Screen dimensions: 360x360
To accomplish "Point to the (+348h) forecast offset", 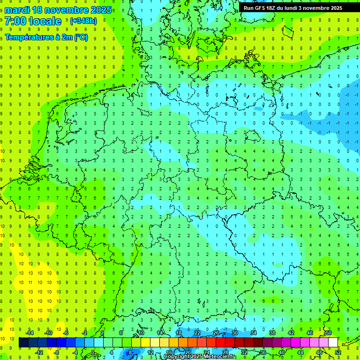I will coord(83,21).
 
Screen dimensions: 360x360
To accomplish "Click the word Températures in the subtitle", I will coord(27,37).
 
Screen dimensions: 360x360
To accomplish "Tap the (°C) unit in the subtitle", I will coord(80,37).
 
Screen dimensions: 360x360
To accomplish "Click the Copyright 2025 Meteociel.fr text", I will coord(200,357).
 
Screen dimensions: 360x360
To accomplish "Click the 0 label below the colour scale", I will coord(92,352).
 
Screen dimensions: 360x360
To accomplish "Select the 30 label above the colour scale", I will coord(234,333).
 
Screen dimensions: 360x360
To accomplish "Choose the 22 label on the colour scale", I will coord(197,333).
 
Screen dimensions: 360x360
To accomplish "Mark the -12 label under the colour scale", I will coord(39,352).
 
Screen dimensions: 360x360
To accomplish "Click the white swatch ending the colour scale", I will coord(333,343).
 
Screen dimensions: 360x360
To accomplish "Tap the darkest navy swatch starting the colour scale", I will coord(23,343).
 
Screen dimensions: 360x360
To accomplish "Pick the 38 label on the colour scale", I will coord(272,333).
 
